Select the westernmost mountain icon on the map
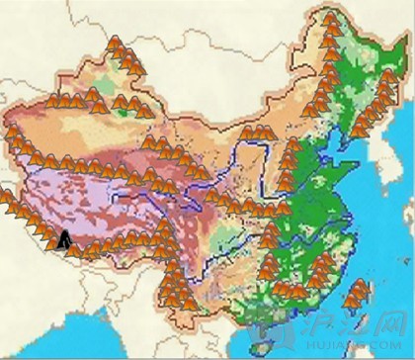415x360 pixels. click(6, 198)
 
